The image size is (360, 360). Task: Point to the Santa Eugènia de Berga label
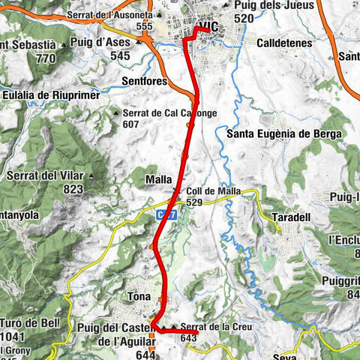point(283,133)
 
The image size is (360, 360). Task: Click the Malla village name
point(160,180)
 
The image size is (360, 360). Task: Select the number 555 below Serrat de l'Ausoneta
point(145,26)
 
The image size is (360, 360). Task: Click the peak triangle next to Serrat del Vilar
point(91,177)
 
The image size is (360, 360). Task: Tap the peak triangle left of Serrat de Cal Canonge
point(116,113)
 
